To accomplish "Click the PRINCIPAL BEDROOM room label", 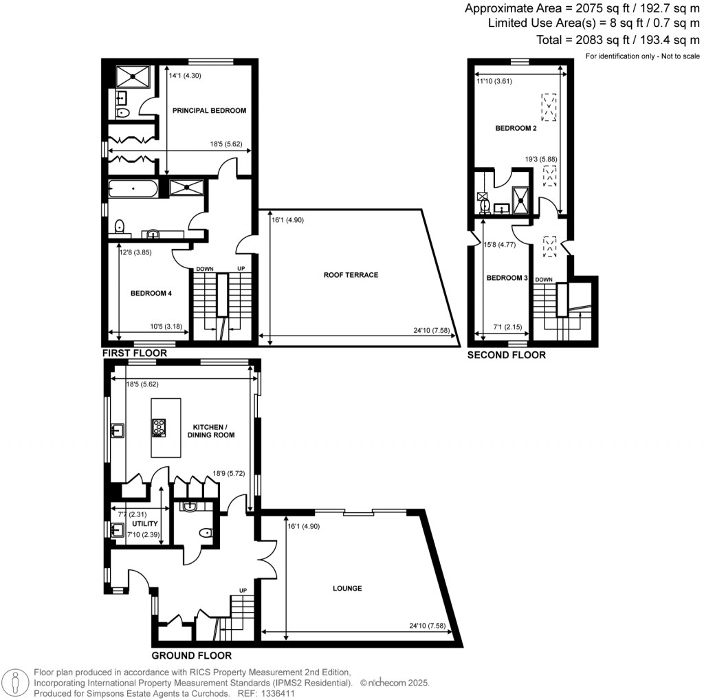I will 209,110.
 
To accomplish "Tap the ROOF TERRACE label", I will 351,275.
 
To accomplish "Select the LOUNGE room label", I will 347,589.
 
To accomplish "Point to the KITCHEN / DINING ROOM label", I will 211,430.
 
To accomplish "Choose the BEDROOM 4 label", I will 151,293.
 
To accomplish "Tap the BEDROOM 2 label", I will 515,129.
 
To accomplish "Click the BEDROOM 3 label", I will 507,278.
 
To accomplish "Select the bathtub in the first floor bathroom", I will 133,187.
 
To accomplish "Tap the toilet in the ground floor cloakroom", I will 204,532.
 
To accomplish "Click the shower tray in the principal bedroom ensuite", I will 125,76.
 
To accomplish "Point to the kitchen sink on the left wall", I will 117,431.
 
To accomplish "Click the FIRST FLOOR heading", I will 135,353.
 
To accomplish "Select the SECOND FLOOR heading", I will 506,356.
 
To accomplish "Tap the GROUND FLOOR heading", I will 191,655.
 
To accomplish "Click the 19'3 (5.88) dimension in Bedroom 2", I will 540,159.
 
